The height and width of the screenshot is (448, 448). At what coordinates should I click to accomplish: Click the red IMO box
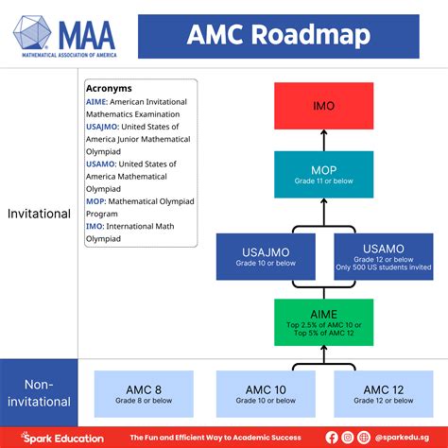pyautogui.click(x=323, y=106)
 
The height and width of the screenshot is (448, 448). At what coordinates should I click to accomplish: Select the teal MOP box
pyautogui.click(x=323, y=174)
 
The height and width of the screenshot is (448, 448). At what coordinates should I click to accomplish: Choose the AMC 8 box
pyautogui.click(x=144, y=394)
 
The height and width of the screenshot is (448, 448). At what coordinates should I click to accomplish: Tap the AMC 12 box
pyautogui.click(x=383, y=394)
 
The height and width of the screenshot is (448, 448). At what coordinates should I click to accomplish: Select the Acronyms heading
pyautogui.click(x=109, y=89)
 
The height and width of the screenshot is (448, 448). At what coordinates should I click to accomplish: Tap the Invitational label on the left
pyautogui.click(x=39, y=214)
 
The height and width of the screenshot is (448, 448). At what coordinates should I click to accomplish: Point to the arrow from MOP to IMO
pyautogui.click(x=323, y=140)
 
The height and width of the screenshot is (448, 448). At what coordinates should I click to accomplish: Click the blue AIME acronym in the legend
pyautogui.click(x=95, y=101)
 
